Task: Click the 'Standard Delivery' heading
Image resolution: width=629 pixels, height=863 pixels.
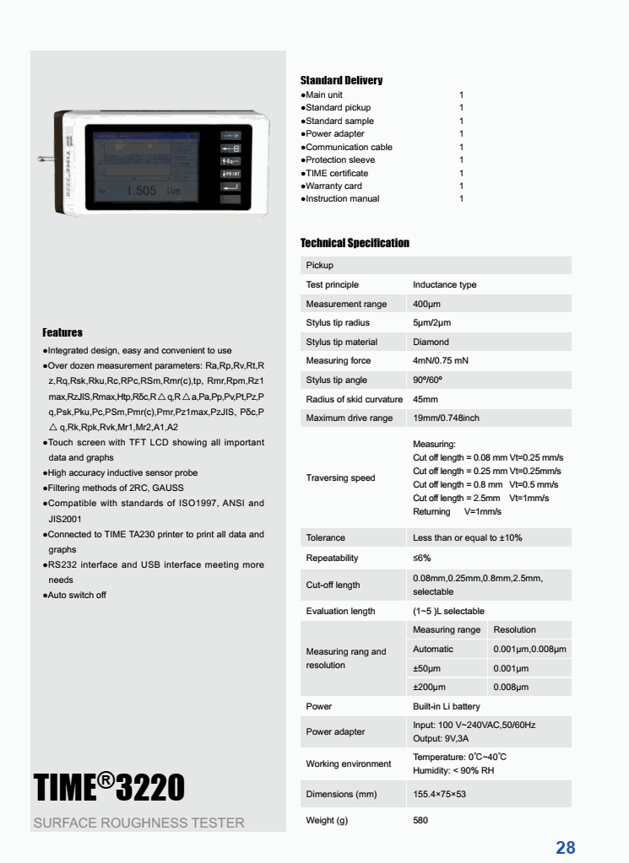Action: [x=341, y=81]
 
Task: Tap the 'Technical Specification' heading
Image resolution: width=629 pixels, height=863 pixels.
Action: [x=355, y=243]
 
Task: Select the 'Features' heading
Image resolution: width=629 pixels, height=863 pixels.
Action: [x=62, y=332]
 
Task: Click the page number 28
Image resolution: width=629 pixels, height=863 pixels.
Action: [x=565, y=848]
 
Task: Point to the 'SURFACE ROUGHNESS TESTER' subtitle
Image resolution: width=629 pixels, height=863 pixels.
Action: [x=138, y=823]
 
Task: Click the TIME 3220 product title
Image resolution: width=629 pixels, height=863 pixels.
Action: [x=109, y=788]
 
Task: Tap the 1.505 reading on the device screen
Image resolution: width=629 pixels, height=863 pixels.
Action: [x=141, y=191]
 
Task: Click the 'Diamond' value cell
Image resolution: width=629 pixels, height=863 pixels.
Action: [x=431, y=343]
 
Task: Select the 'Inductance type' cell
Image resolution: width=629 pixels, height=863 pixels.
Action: [x=444, y=285]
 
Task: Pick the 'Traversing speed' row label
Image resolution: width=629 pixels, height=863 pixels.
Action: [x=340, y=478]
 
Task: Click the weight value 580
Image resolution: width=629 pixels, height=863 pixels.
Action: [x=420, y=820]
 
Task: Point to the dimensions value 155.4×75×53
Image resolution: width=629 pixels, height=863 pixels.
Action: [x=439, y=795]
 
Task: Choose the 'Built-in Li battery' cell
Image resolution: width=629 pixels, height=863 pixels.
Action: [x=446, y=707]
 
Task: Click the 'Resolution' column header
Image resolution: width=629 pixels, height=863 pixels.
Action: [x=514, y=630]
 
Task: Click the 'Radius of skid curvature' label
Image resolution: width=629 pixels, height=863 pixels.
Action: [x=354, y=400]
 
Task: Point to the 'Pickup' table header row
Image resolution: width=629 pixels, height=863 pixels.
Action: [x=320, y=266]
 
